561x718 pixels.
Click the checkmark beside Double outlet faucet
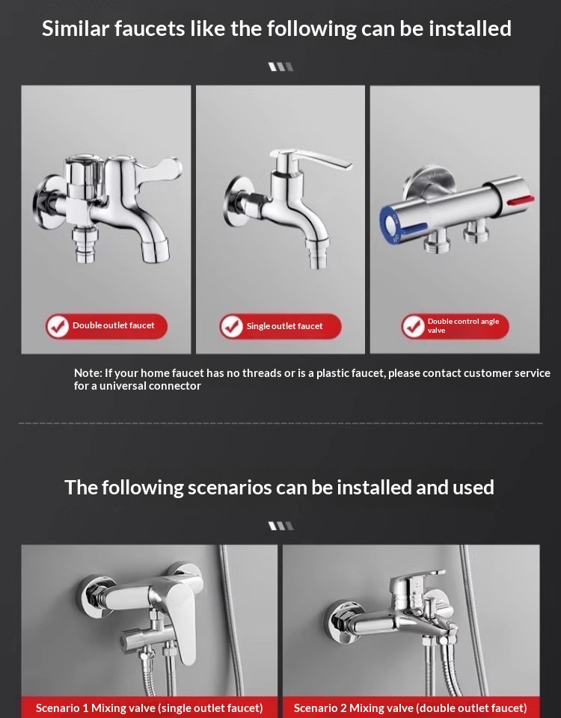[58, 327]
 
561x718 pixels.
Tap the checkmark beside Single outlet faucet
[232, 327]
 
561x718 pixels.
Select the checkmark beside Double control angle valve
[413, 327]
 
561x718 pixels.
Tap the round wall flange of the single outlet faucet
[235, 201]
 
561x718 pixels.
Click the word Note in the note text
[88, 373]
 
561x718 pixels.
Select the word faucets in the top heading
[149, 29]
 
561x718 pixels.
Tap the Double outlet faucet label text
[114, 325]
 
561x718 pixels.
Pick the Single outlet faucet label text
[284, 326]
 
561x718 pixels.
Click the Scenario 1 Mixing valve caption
[150, 708]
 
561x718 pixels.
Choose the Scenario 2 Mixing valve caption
[411, 708]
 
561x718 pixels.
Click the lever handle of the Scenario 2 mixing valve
[416, 580]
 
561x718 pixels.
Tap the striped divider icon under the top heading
[280, 67]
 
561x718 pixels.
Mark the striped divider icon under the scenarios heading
[280, 526]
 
